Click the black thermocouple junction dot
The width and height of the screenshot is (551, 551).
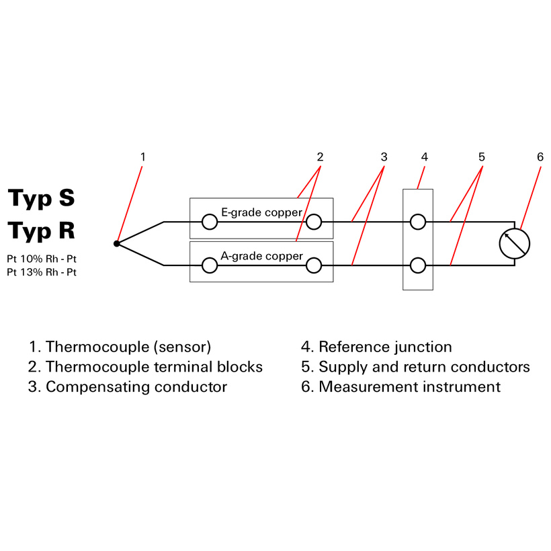[117, 243]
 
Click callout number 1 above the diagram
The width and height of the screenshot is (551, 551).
[142, 157]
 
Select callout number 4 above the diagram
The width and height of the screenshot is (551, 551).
[425, 157]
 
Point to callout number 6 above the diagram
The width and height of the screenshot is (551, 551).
[540, 157]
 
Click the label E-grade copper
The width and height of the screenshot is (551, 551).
[261, 212]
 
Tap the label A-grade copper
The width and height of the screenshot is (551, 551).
[261, 256]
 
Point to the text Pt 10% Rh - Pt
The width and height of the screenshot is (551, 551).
[42, 259]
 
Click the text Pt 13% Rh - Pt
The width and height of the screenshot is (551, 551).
[42, 272]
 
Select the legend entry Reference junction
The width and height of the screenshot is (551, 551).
[376, 347]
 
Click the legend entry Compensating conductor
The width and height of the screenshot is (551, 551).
[128, 387]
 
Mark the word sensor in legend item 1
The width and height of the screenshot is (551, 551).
[182, 347]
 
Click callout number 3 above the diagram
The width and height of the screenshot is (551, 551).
[384, 157]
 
